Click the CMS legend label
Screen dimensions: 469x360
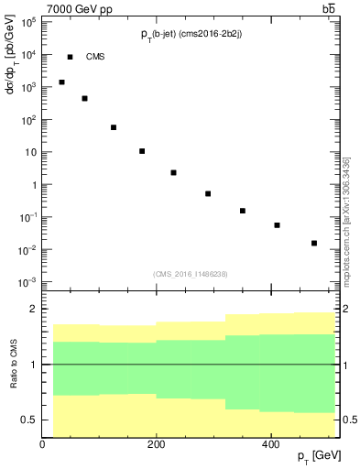click(x=95, y=57)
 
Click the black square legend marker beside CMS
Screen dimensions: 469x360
click(x=70, y=57)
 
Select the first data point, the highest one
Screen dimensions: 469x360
click(x=61, y=82)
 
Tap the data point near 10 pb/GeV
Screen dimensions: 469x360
click(x=142, y=151)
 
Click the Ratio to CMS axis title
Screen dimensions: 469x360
click(x=13, y=365)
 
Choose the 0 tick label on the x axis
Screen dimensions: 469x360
click(x=42, y=444)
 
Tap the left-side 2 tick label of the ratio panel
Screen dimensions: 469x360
click(x=32, y=310)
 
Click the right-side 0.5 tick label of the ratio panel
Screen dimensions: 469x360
click(x=349, y=420)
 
